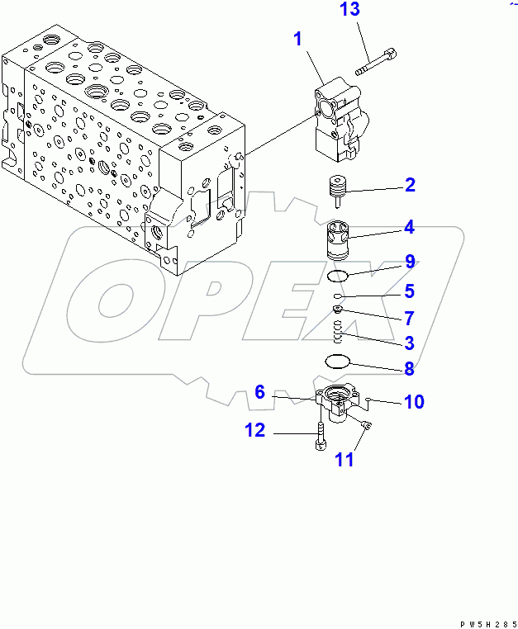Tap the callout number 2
[x=409, y=186]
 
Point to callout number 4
[x=409, y=225]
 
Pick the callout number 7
[x=409, y=318]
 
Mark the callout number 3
[x=409, y=343]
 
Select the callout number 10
[x=413, y=402]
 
